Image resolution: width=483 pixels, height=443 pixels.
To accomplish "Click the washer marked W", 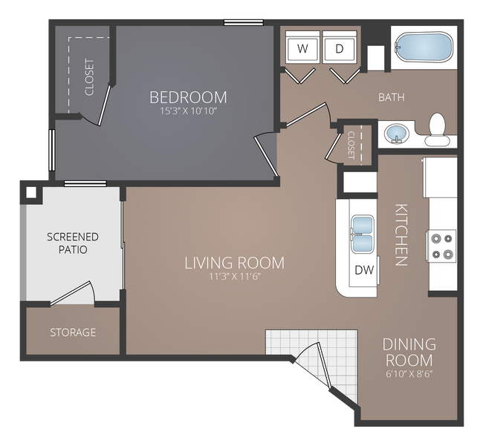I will (302, 49).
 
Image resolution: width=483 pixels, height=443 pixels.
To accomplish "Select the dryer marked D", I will (340, 49).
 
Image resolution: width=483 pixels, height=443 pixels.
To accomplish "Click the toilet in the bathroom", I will (437, 129).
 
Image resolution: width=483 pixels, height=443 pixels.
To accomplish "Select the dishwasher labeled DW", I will (363, 269).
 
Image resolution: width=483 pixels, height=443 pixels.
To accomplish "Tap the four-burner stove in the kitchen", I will (441, 246).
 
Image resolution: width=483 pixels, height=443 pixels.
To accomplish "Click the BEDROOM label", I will (188, 97).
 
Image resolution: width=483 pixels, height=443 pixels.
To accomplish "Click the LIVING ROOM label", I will (234, 263).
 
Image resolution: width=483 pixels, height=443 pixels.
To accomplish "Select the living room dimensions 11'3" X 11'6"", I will (234, 277).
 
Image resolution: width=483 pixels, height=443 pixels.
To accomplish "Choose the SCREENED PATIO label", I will (73, 243).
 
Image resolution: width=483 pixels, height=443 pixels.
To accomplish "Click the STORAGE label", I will (73, 332).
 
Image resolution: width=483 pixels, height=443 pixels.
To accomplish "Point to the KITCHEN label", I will (401, 234).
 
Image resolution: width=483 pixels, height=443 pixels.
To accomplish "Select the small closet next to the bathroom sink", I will (352, 143).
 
